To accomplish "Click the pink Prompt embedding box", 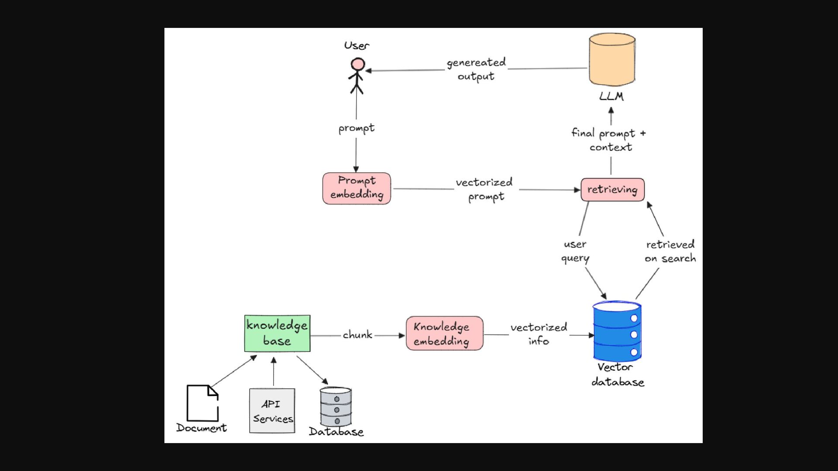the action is click(357, 188).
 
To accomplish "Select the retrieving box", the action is click(612, 190).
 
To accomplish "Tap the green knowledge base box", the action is click(277, 333).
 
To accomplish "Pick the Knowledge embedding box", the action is click(444, 334).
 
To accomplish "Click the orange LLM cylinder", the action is click(612, 60).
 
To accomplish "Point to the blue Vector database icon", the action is click(617, 331).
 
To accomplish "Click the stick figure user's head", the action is click(358, 65).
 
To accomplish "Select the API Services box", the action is click(272, 411).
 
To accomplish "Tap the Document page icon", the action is click(203, 403).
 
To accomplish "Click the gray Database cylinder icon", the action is click(336, 406).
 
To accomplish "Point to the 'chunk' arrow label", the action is click(357, 335).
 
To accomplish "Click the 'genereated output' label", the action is click(476, 69).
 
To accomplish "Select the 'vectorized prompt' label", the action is click(484, 189).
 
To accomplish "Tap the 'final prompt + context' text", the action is click(609, 140).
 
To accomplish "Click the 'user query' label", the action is click(575, 251).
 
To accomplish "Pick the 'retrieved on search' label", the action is click(670, 251).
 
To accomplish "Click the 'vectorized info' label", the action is click(539, 334).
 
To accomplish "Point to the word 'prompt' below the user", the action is click(357, 128).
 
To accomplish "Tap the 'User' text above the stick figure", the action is click(357, 45).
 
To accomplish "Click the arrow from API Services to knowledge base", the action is click(274, 372).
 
